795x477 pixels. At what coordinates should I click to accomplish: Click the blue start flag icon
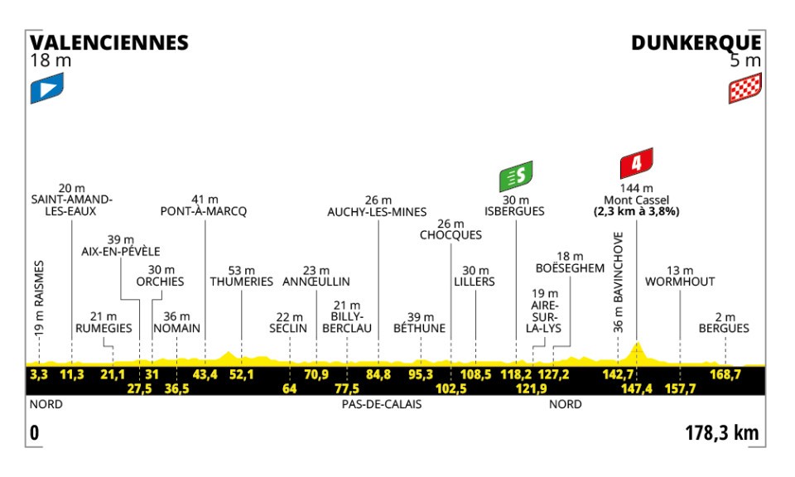tap(46, 89)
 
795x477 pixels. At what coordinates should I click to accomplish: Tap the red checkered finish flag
tap(744, 89)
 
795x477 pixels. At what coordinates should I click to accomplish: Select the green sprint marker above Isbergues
tap(515, 175)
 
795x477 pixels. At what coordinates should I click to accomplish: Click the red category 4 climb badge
tap(636, 163)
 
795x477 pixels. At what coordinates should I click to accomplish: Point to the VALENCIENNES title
tap(109, 42)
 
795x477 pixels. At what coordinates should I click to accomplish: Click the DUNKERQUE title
tap(696, 42)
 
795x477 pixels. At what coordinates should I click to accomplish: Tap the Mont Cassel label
tap(635, 200)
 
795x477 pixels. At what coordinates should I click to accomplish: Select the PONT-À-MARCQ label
tap(204, 211)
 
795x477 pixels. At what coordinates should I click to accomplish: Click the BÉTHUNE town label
tap(420, 329)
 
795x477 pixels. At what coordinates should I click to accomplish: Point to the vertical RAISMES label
tap(39, 297)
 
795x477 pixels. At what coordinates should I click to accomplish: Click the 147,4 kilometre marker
tap(635, 388)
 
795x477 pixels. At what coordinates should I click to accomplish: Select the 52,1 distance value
tap(241, 374)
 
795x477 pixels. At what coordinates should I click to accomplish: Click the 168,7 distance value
tap(725, 374)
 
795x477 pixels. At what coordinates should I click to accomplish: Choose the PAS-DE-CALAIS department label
tap(382, 405)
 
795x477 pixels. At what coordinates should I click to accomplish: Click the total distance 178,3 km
tap(721, 433)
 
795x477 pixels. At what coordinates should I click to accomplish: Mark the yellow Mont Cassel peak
tap(637, 344)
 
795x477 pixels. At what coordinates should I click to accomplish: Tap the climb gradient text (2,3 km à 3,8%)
tap(635, 211)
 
